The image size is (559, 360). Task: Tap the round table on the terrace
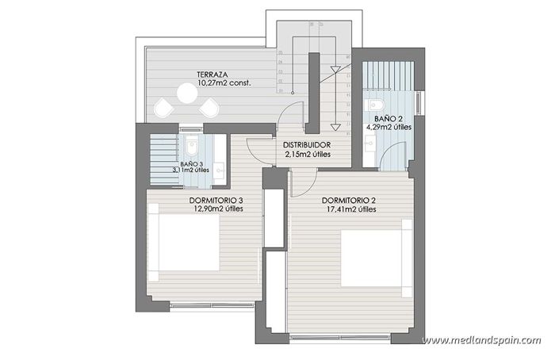[x=187, y=94]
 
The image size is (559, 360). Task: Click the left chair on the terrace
[x=163, y=107]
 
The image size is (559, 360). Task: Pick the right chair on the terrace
[x=211, y=108]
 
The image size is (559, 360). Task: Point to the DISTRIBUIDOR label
[x=307, y=145]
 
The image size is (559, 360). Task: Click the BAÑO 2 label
[x=389, y=117]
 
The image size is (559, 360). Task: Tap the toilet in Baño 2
[x=377, y=105]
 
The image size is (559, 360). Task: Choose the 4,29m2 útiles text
[x=389, y=126]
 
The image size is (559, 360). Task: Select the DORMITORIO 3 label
[x=216, y=200]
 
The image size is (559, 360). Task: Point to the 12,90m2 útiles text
[x=216, y=209]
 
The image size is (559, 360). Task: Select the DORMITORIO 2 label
[x=350, y=200]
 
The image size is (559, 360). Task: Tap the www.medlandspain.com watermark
[x=481, y=341]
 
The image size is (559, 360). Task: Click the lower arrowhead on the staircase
[x=335, y=126]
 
